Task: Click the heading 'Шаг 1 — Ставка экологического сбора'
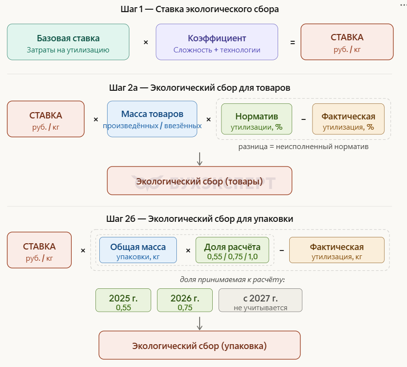200,9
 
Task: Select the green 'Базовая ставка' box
68,42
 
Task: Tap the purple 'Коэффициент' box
217,42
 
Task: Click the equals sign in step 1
292,43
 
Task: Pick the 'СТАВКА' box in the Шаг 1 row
347,42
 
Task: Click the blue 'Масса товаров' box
152,119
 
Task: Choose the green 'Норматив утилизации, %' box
256,119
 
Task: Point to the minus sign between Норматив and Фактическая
303,119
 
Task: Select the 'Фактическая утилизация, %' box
348,119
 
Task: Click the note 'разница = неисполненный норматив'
303,147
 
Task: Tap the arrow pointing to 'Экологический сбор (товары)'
200,158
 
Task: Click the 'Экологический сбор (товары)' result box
200,181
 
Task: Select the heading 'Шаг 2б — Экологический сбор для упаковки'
200,219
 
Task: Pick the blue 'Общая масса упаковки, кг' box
138,250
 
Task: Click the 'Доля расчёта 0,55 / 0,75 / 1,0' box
232,250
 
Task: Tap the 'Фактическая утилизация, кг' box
337,250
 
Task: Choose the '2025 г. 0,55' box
123,300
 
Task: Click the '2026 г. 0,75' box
185,300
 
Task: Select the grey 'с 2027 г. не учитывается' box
260,300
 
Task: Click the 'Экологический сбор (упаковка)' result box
200,345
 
